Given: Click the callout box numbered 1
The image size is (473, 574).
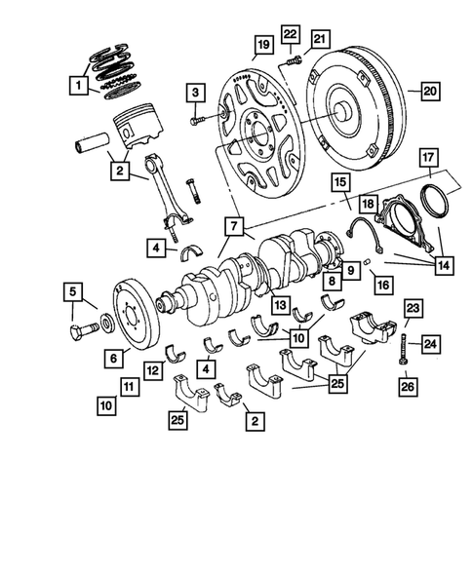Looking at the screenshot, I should tap(76, 85).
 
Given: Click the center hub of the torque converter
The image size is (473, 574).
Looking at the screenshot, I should tap(342, 113).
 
